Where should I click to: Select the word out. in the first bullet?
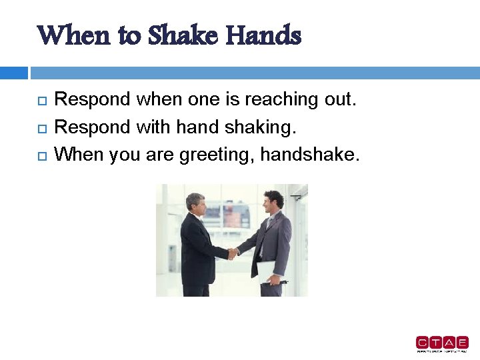[x=339, y=100]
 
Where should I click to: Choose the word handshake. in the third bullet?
[x=310, y=155]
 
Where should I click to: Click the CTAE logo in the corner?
[x=442, y=343]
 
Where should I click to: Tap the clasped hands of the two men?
[x=233, y=253]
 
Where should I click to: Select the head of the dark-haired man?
[x=273, y=199]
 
